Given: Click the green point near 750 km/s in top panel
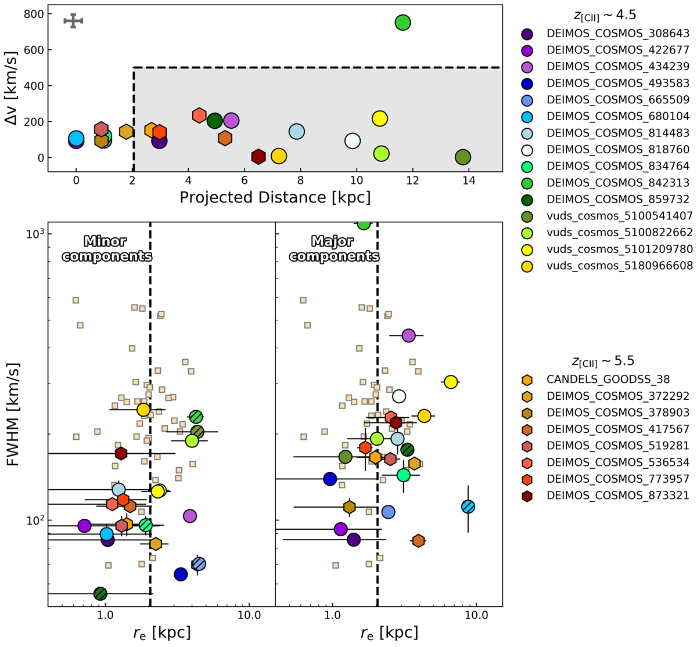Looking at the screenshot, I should (403, 23).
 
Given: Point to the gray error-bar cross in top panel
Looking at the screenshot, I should (74, 21).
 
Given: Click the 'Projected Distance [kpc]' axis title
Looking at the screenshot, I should (275, 197).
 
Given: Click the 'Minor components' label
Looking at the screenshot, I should (107, 248).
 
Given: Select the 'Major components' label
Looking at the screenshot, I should (334, 248).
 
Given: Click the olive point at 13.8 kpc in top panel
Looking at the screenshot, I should (462, 157).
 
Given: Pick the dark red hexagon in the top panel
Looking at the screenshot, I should (258, 157).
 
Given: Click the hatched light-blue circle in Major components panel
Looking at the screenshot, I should (468, 507).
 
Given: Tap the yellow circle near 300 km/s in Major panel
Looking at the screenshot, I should (450, 382).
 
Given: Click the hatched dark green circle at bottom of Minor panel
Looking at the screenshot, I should (100, 594).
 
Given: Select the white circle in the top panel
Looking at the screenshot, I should (353, 141).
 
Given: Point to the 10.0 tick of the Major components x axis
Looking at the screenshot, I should (477, 617).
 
